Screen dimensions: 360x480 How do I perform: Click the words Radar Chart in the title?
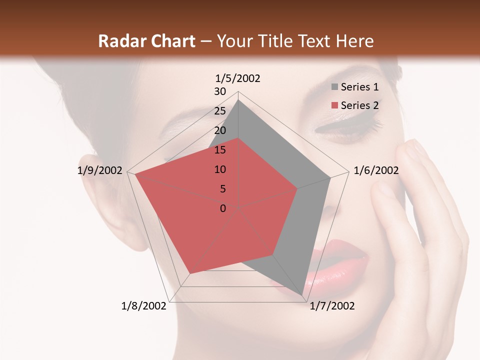146,41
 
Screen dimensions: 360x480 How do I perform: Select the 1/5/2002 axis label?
237,78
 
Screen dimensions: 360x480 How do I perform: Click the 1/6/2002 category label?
376,170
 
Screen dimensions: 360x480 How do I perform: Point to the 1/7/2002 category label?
332,306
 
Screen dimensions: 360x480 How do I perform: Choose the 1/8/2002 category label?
144,306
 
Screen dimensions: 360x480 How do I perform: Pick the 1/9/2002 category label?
100,170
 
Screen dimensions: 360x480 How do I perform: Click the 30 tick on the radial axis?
220,91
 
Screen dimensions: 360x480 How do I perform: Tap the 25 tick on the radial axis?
220,111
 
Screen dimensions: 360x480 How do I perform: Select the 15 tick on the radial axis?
220,150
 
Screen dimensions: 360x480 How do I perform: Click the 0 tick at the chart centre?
223,208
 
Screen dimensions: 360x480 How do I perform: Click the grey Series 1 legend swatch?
334,87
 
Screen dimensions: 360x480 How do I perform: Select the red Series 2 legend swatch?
334,105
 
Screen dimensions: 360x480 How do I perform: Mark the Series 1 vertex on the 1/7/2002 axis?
302,295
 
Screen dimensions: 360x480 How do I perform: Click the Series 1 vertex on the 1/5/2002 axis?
238,100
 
